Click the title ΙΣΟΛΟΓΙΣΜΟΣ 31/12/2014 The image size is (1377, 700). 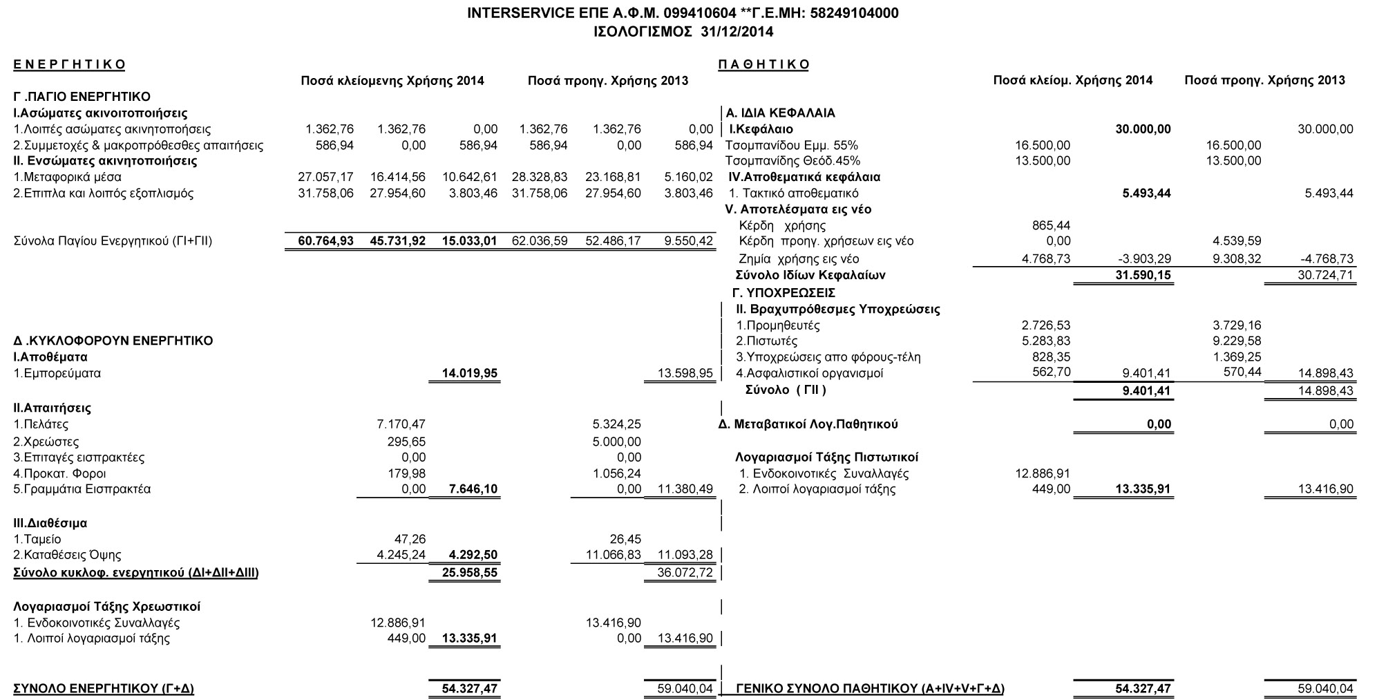683,31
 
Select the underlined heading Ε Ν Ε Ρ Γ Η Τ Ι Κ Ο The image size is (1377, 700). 69,65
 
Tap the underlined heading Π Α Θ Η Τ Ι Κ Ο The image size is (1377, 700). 763,65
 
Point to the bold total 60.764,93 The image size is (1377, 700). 325,241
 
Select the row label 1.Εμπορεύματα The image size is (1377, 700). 57,373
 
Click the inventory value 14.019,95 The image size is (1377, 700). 470,374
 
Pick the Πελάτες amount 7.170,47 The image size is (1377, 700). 401,424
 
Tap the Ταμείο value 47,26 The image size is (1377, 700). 409,539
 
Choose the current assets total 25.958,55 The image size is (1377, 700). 470,573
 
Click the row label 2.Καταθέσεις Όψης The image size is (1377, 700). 68,555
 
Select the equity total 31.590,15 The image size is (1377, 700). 1143,276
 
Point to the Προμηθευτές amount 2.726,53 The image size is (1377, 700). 1046,325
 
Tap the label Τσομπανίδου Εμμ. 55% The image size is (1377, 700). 791,145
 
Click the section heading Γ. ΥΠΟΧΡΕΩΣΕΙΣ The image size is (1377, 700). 784,292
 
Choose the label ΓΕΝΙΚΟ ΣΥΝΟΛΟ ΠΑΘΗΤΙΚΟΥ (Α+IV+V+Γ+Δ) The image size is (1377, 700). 870,689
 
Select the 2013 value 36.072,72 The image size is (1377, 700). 685,573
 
